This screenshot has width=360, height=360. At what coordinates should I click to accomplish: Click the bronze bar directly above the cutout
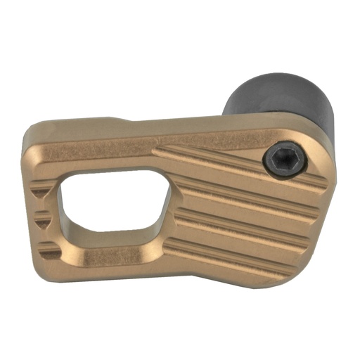(x=105, y=156)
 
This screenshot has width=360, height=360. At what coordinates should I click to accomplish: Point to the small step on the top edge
(x=112, y=120)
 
